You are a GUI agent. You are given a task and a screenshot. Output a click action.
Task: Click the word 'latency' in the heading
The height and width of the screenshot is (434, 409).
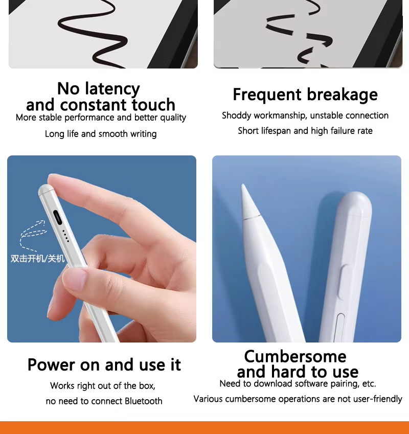tap(112, 89)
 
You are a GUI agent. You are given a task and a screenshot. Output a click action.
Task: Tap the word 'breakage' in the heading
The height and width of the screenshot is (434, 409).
tap(342, 95)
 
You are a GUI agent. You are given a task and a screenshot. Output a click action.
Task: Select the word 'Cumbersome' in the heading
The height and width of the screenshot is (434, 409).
tap(295, 356)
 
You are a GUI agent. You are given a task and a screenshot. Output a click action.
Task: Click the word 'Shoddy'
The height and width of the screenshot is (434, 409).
tap(236, 116)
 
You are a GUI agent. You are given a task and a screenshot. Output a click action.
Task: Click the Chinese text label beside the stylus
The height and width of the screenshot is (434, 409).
tap(37, 259)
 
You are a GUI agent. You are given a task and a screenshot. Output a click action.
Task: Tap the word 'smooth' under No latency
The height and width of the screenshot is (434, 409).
tap(113, 134)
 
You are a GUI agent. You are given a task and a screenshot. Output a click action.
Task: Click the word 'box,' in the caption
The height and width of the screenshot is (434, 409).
tap(147, 386)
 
